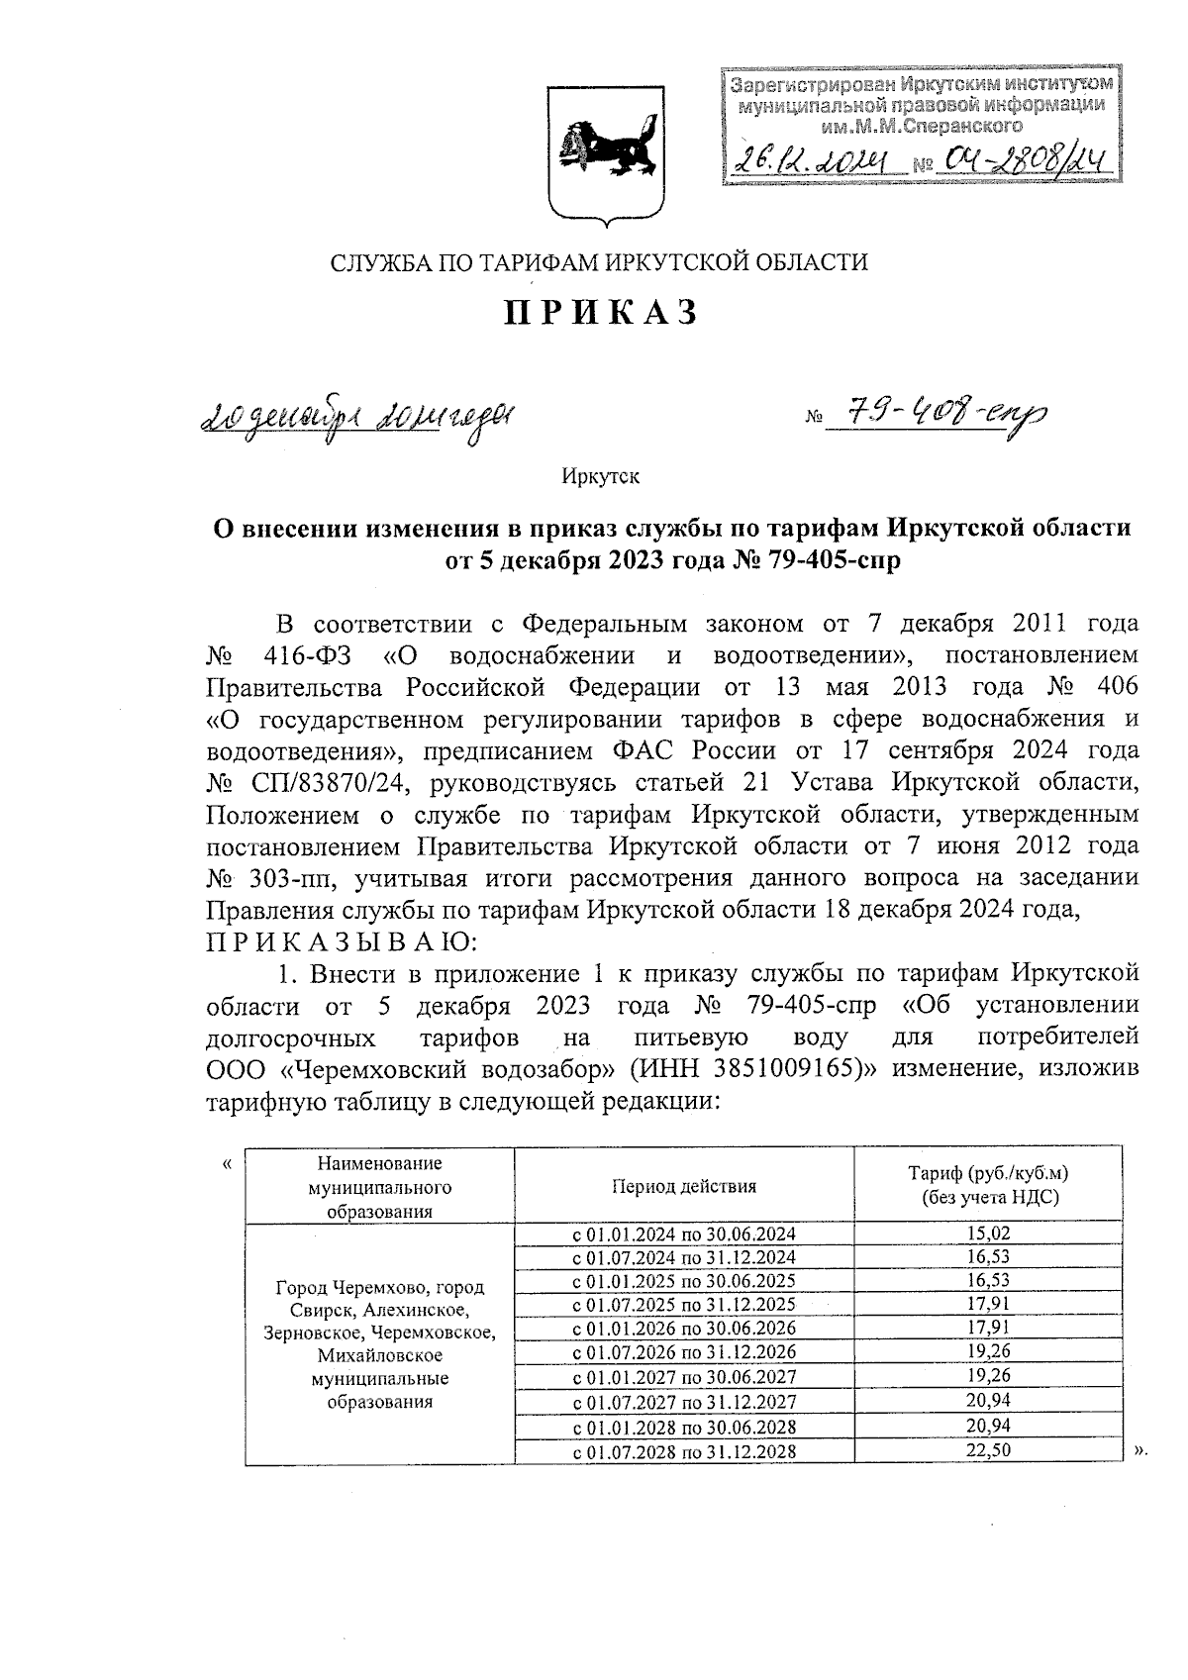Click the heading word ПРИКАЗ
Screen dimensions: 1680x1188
[602, 313]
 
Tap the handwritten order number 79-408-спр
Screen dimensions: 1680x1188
[936, 417]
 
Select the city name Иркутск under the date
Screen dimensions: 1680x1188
[600, 476]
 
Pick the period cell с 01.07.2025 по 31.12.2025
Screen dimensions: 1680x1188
[684, 1305]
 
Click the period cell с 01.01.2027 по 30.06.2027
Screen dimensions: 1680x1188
[684, 1377]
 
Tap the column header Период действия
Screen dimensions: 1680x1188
[683, 1185]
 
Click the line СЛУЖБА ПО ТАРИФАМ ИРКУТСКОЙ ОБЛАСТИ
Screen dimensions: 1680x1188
[599, 262]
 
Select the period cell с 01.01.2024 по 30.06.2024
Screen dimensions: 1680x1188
[684, 1234]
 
